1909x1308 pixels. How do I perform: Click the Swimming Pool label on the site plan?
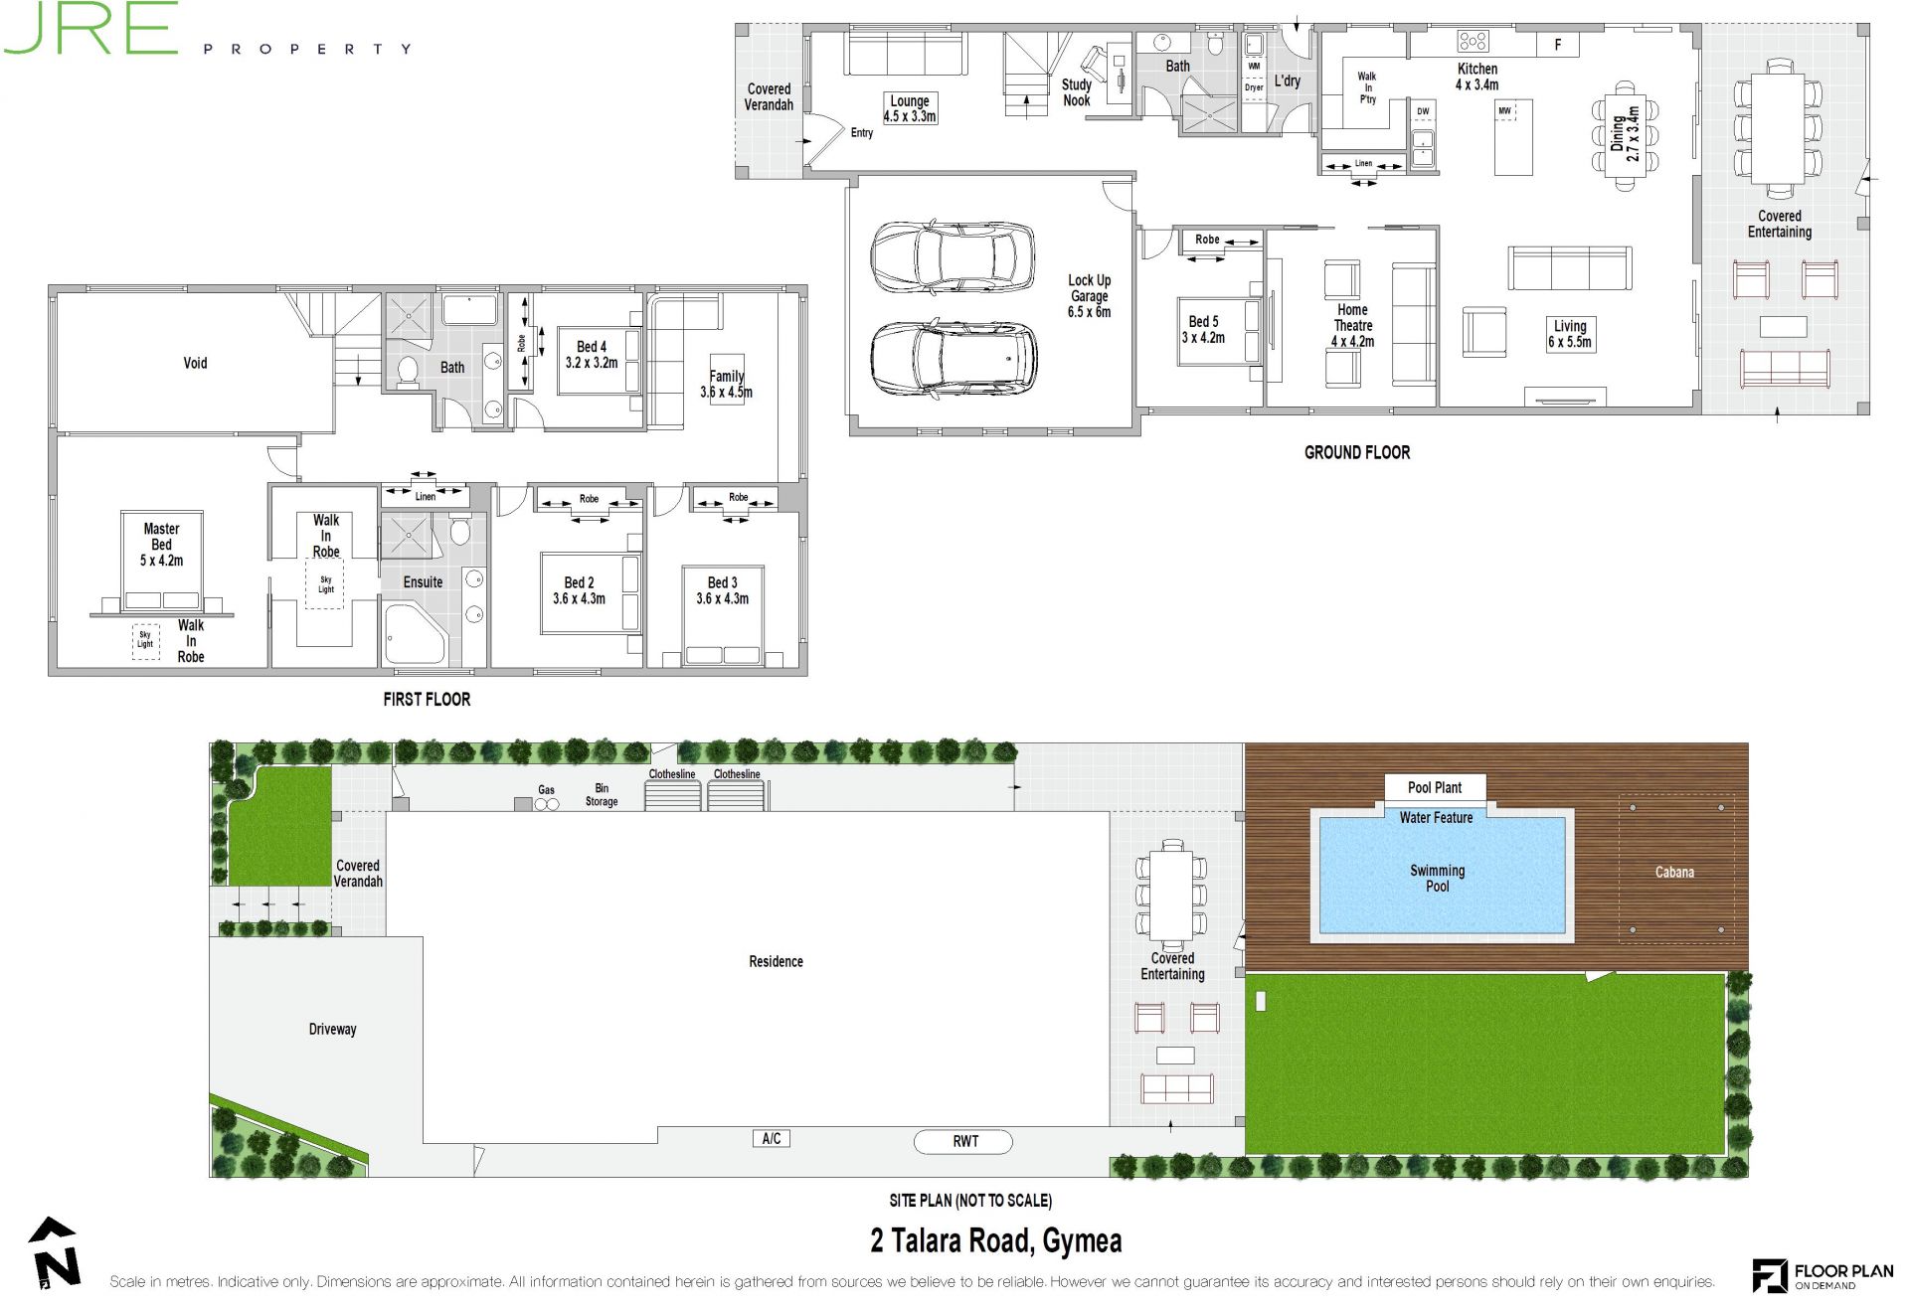click(x=1437, y=878)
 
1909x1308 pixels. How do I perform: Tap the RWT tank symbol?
click(x=963, y=1141)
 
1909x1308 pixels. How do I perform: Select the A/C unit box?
click(x=771, y=1139)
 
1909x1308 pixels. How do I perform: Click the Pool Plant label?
click(x=1435, y=787)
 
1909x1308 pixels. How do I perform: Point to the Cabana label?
click(x=1674, y=872)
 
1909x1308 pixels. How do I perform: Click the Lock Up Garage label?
click(x=1089, y=296)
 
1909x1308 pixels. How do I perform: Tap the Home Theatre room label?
click(x=1352, y=325)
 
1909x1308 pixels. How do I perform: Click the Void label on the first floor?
click(x=195, y=363)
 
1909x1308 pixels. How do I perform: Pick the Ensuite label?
click(x=423, y=581)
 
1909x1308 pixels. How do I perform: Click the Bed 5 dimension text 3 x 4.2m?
click(x=1203, y=338)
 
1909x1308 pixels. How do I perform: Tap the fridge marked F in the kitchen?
click(x=1558, y=45)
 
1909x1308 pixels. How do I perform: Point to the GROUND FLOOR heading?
click(x=1357, y=452)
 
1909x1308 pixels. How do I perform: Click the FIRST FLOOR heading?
click(x=427, y=699)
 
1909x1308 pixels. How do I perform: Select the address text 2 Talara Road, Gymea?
click(x=996, y=1241)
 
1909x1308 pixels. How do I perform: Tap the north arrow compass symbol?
click(x=55, y=1254)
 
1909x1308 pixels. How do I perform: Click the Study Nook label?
click(x=1076, y=92)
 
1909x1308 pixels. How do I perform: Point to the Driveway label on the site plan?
click(x=332, y=1029)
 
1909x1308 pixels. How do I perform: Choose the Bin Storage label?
click(x=602, y=794)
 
